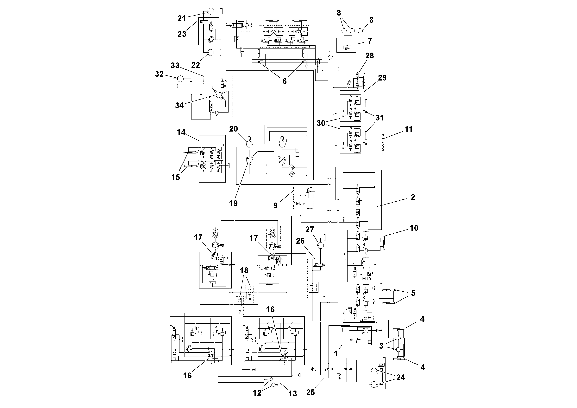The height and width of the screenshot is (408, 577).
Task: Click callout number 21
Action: point(181,18)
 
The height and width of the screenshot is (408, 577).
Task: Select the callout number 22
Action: point(196,65)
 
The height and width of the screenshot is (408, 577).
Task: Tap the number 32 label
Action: point(159,74)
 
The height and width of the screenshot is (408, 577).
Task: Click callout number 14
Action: point(181,132)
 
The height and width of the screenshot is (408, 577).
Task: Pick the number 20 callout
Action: point(233,129)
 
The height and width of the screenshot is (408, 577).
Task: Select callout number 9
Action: point(275,205)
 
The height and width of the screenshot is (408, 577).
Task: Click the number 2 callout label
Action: point(413,197)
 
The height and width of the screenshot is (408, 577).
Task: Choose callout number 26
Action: point(300,241)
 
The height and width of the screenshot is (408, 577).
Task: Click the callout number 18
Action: point(244,270)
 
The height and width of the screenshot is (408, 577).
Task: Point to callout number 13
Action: point(292,393)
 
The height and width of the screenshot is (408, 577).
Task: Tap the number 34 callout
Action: point(179,105)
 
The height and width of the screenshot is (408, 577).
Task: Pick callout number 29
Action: point(382,78)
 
